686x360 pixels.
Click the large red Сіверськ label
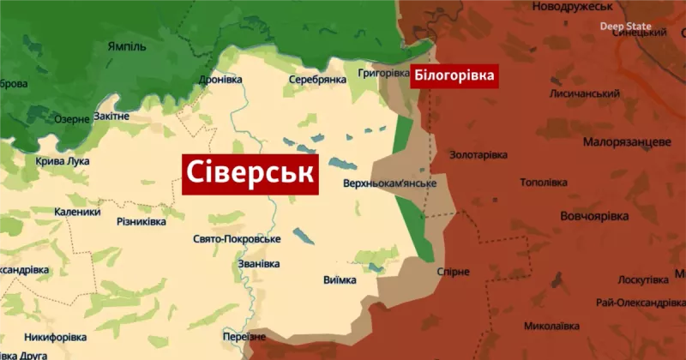pos(250,175)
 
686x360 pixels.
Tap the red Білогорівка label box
pos(454,76)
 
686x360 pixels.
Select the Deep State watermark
pos(625,27)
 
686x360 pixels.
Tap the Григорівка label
pos(383,74)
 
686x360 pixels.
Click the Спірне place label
pos(453,272)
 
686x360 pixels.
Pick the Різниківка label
pos(141,222)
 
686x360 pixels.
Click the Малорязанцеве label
pos(626,141)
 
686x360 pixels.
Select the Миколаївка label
pos(551,326)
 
